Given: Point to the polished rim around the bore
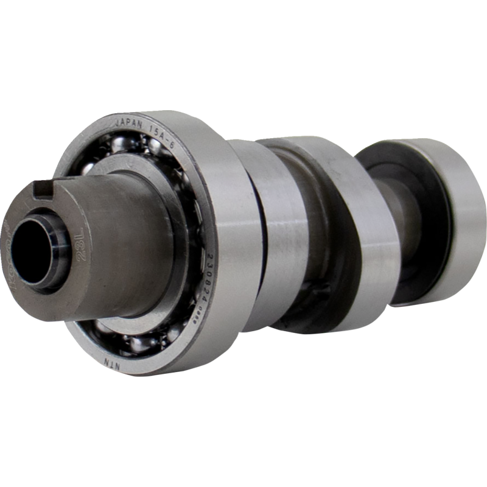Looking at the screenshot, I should (x=55, y=256).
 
